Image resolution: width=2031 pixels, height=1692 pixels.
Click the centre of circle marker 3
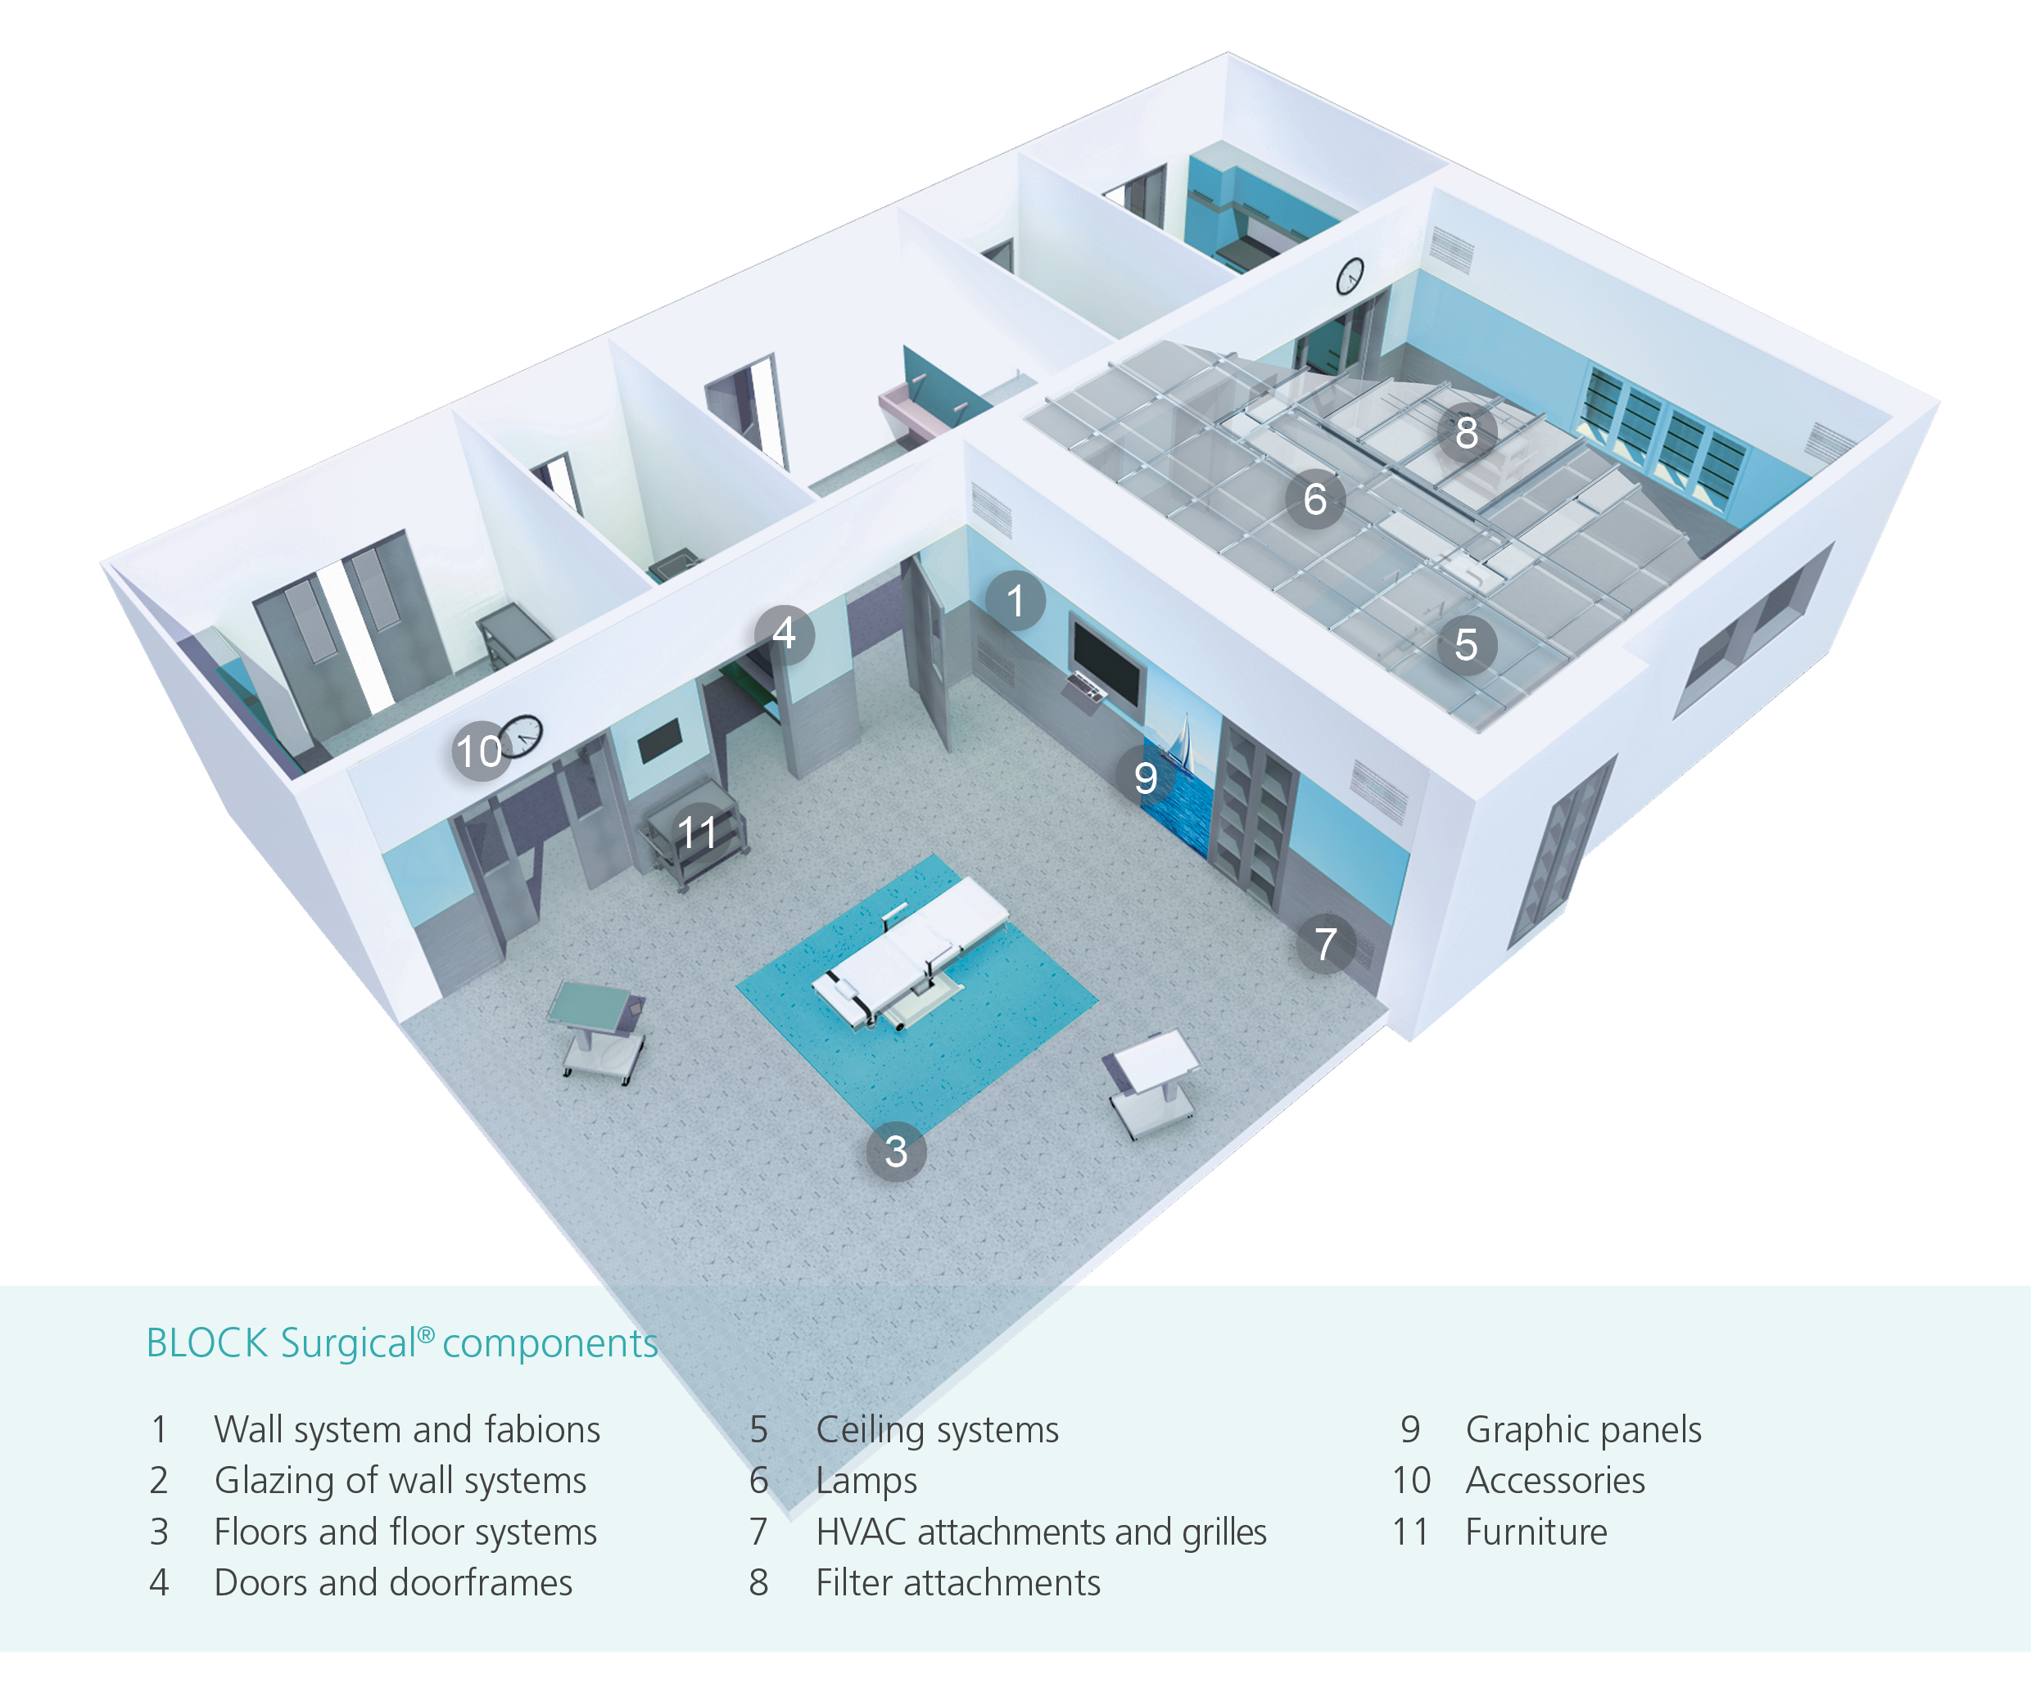click(896, 1152)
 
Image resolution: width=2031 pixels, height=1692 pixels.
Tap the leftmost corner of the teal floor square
click(737, 986)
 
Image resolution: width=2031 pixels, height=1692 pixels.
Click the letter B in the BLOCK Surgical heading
click(156, 1344)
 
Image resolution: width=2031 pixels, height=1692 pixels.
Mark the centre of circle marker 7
click(1326, 944)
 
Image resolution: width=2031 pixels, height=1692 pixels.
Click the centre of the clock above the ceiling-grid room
click(1350, 277)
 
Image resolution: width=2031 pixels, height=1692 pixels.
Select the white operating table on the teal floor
click(909, 952)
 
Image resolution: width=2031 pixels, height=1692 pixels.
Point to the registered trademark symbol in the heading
click(426, 1334)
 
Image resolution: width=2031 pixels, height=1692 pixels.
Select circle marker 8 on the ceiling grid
click(1466, 432)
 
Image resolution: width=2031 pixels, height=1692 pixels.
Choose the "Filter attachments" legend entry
click(958, 1584)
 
